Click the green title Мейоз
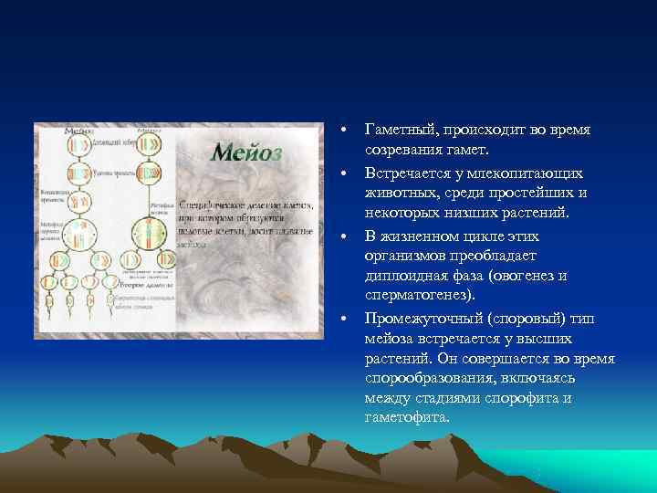click(245, 152)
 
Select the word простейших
click(528, 193)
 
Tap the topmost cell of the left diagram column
click(79, 144)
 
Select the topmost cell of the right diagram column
click(147, 144)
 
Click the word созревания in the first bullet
click(406, 151)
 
